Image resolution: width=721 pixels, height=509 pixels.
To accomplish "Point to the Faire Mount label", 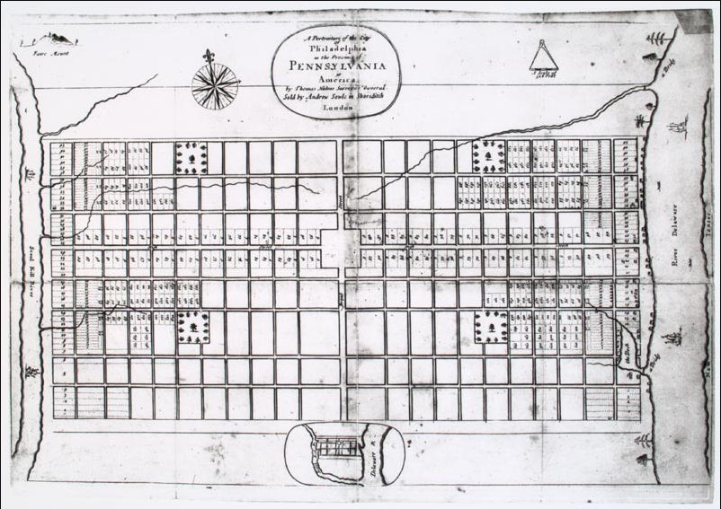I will (47, 51).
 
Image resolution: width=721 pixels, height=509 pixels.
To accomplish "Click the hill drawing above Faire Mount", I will (58, 39).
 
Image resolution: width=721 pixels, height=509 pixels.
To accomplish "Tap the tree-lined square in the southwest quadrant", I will (193, 327).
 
